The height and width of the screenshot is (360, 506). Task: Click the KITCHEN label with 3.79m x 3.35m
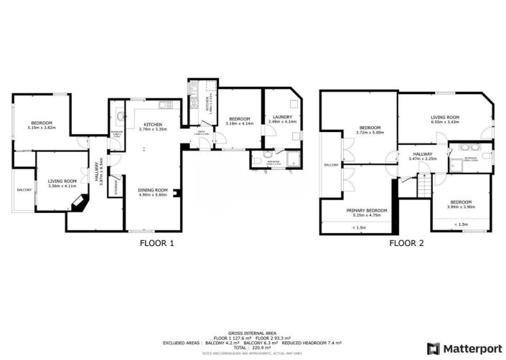click(x=153, y=125)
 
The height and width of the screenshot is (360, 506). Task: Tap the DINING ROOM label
click(x=152, y=190)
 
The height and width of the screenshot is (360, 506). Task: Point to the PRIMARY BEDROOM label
click(x=367, y=210)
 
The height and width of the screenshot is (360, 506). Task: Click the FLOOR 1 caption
click(x=156, y=243)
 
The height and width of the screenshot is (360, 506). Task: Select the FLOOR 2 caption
click(x=406, y=243)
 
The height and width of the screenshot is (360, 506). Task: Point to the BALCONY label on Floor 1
click(x=24, y=190)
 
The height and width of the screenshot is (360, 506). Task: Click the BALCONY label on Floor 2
click(x=331, y=165)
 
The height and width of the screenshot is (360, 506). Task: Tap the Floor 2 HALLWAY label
click(x=421, y=154)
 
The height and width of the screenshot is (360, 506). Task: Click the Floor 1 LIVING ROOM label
click(x=62, y=181)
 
